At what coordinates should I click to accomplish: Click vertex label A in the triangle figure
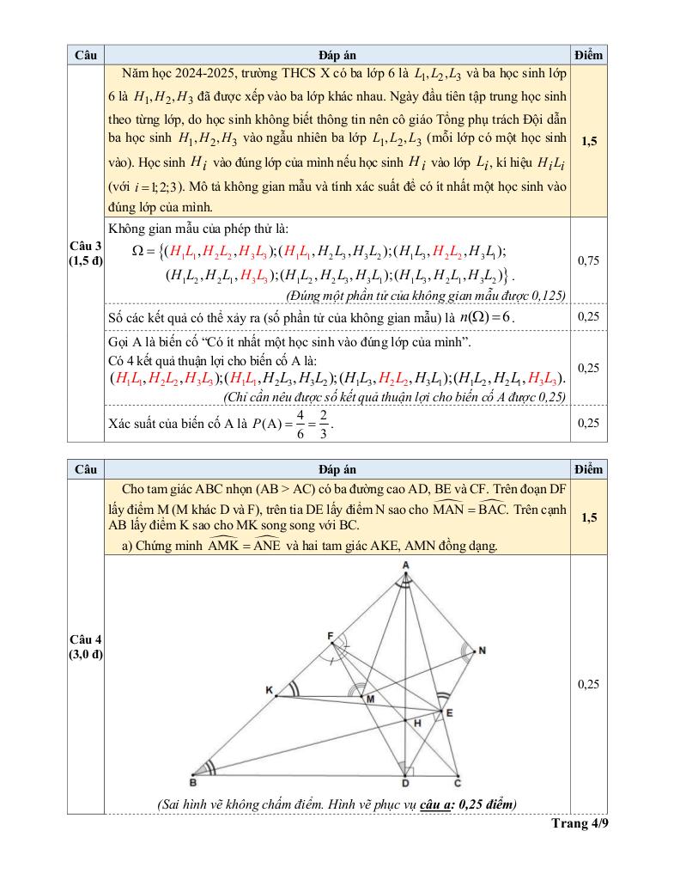click(x=405, y=564)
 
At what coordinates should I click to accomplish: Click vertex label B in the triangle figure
click(x=193, y=782)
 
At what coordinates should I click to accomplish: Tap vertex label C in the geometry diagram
click(x=457, y=782)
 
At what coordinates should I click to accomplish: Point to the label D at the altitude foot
click(x=404, y=783)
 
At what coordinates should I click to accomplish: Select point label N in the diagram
click(x=482, y=651)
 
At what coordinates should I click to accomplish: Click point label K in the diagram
click(x=269, y=690)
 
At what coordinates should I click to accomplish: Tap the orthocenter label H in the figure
click(x=418, y=724)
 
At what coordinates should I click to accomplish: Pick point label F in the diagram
click(x=330, y=636)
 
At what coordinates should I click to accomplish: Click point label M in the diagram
click(x=371, y=700)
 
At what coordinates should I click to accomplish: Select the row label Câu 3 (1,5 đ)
click(x=85, y=254)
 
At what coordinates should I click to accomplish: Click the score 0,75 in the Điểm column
click(x=588, y=260)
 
